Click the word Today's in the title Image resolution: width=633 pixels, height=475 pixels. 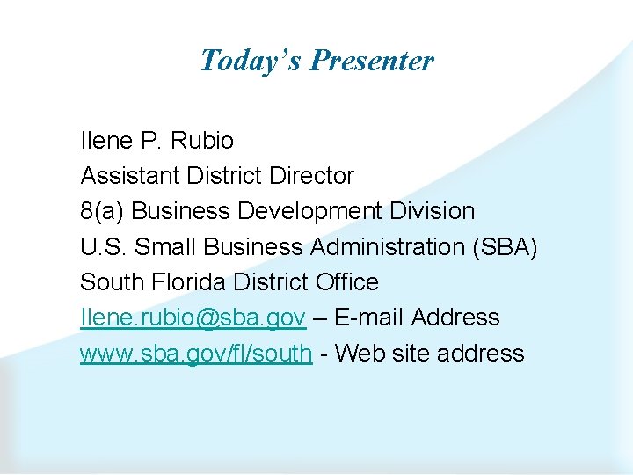(x=251, y=60)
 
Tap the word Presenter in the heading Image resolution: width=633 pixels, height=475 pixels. (x=372, y=60)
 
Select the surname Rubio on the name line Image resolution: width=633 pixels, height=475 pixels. (x=202, y=141)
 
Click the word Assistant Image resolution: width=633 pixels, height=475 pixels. (x=130, y=176)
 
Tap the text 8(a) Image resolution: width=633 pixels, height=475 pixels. (x=102, y=211)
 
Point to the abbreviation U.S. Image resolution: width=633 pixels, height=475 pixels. (x=98, y=247)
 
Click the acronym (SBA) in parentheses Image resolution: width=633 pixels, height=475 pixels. (x=505, y=247)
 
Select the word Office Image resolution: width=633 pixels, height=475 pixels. (x=346, y=282)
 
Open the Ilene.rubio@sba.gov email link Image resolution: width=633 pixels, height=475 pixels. (x=193, y=318)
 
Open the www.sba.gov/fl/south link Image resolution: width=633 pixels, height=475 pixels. (x=196, y=354)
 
